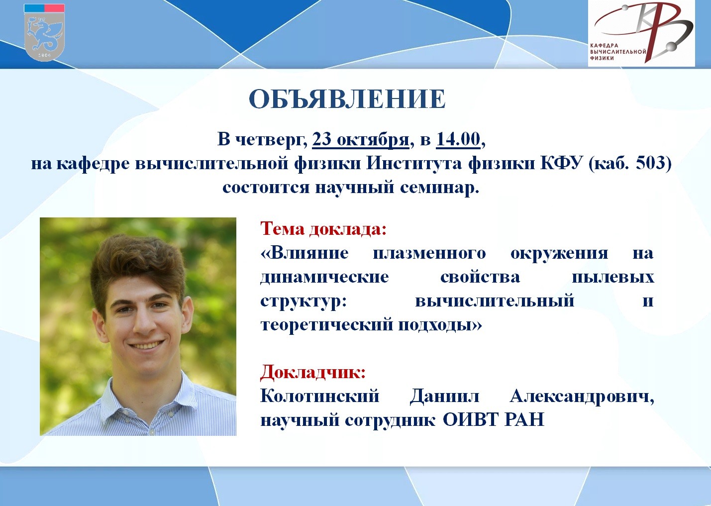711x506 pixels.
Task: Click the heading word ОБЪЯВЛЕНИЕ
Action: (347, 99)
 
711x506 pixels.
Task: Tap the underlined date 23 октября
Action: (361, 140)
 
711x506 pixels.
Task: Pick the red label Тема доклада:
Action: (323, 228)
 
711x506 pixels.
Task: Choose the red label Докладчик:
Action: (312, 372)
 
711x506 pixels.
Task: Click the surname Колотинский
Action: (319, 396)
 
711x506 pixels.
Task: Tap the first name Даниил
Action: (444, 396)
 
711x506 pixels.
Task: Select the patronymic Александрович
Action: (582, 396)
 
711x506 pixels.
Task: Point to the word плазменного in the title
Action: (429, 253)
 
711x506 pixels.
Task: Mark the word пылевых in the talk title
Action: (613, 277)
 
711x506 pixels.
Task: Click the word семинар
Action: (439, 187)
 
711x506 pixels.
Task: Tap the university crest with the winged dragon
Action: (44, 32)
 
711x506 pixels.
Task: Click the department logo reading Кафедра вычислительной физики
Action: (641, 33)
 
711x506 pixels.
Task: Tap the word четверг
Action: (271, 140)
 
